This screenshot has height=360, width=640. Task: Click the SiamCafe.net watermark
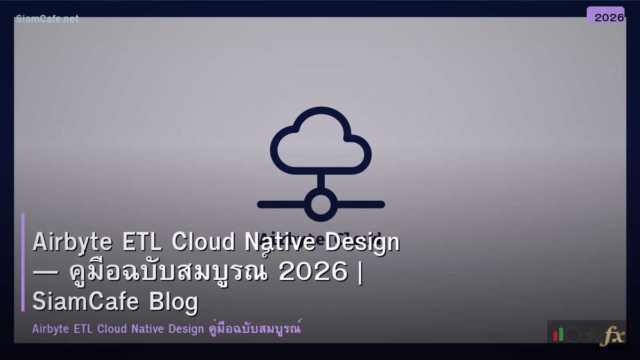point(47,19)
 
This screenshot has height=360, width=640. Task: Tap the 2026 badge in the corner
point(609,17)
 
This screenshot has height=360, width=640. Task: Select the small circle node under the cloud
point(321,204)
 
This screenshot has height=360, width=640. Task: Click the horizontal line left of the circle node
point(282,204)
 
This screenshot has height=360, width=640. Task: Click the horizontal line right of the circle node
point(361,204)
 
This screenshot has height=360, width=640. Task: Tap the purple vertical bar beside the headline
point(23,262)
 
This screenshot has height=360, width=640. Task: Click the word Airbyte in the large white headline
point(73,243)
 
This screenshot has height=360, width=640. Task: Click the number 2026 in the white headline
point(313,273)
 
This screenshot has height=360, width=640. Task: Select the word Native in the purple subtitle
point(148,329)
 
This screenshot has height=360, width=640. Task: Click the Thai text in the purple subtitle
point(253,327)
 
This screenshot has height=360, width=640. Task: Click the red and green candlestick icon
point(558,334)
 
